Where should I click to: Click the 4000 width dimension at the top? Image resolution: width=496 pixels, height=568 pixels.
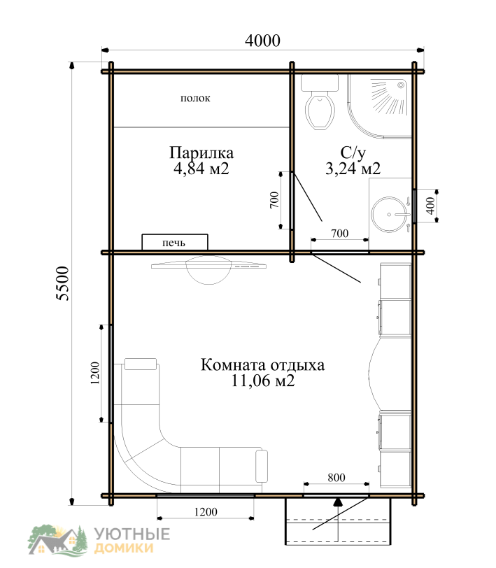coord(262,41)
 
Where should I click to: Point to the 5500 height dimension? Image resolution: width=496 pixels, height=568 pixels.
coord(63,283)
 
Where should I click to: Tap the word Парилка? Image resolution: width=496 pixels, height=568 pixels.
coord(201,153)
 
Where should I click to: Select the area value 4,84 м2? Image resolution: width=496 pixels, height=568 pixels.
coord(201,169)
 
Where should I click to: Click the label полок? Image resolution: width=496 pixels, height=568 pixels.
coord(195,98)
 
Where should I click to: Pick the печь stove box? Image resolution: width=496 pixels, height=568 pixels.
coord(175,242)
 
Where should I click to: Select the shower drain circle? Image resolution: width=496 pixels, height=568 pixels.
coord(401,85)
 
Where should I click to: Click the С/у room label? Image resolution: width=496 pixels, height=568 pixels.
coord(353,153)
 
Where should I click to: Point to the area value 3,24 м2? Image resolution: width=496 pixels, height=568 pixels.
coord(353,169)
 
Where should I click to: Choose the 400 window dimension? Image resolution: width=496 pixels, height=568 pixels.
coord(430,206)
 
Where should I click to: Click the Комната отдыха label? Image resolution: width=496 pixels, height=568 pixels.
coord(262,364)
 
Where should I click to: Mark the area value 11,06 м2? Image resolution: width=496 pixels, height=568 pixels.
coord(262,381)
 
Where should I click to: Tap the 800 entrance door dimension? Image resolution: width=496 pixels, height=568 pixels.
coord(336,478)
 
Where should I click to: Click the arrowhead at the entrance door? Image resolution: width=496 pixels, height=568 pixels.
coord(338,502)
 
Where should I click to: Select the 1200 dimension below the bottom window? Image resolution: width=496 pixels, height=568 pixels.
coord(206,512)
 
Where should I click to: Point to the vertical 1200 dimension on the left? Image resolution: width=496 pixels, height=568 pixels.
coord(95,373)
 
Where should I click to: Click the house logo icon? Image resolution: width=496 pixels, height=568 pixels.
coord(58,540)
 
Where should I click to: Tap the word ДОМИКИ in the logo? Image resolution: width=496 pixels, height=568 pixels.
coord(124,548)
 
